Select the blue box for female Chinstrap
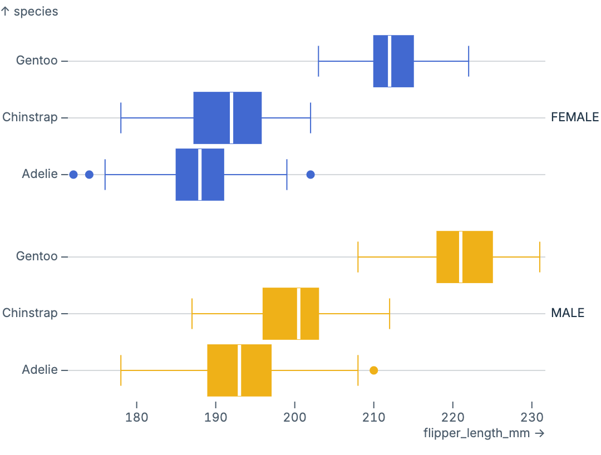[x=211, y=118]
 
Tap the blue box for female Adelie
[x=187, y=175]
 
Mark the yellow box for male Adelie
[x=223, y=370]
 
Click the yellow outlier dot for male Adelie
[x=374, y=370]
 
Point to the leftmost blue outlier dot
[x=73, y=175]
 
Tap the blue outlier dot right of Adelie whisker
[x=311, y=175]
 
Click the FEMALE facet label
[x=575, y=117]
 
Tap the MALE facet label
[x=568, y=313]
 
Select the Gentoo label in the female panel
[x=37, y=61]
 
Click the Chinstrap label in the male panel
[x=30, y=313]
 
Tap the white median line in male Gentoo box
[x=461, y=257]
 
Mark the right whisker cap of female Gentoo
[x=469, y=61]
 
